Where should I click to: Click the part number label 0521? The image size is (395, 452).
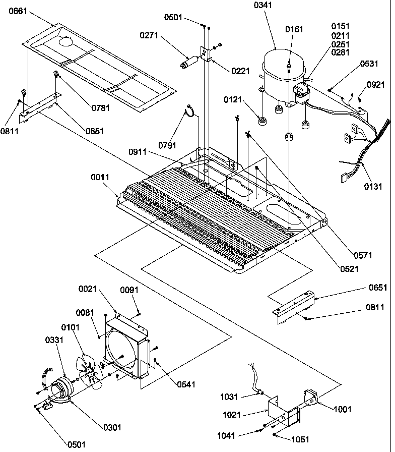pos(349,269)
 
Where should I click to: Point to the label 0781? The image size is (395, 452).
pos(100,107)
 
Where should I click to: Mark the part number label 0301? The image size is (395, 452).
pos(112,428)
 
